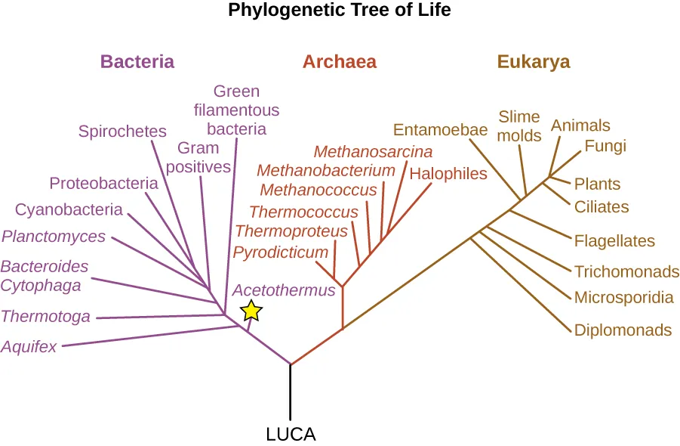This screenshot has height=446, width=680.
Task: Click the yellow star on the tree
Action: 251,310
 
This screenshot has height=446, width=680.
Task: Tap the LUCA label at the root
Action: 291,435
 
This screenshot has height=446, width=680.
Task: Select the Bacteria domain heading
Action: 137,62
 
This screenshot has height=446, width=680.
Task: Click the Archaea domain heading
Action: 340,62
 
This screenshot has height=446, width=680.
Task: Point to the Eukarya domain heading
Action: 534,62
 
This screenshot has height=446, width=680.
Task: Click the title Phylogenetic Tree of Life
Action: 340,11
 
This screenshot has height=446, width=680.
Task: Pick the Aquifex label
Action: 29,347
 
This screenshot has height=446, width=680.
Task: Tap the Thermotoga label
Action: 46,317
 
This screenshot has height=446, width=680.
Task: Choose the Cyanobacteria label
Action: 69,209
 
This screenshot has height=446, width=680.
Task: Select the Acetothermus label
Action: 283,290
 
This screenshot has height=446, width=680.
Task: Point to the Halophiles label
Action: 448,174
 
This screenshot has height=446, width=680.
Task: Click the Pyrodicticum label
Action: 281,252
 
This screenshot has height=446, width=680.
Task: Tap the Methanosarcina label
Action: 373,152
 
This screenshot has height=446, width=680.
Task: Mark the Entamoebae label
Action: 441,129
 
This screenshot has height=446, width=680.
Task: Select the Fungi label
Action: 605,146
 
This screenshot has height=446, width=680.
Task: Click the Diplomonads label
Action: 623,330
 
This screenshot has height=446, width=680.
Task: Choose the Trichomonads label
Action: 626,272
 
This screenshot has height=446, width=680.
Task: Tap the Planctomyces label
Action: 54,237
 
